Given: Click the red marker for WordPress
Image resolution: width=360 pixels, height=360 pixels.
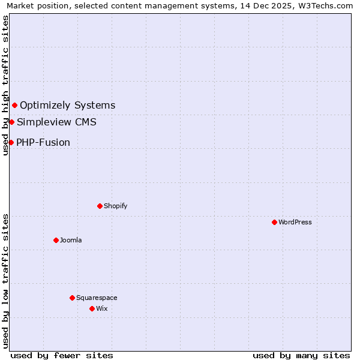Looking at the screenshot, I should (x=274, y=222).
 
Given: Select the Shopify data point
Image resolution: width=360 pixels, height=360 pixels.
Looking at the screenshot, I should (x=100, y=206).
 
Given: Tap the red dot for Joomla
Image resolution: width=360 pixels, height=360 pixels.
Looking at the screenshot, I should (x=56, y=240).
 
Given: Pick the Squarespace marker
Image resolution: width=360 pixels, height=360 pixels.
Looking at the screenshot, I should (x=72, y=298).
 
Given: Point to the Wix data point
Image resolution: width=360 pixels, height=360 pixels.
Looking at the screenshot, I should (x=92, y=308).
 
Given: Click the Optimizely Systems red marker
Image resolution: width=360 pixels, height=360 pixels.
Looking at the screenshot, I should (x=14, y=106).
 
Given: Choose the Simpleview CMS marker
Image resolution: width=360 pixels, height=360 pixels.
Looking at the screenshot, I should (x=11, y=122).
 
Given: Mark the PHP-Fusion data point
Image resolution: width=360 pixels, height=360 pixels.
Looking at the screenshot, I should (x=11, y=142).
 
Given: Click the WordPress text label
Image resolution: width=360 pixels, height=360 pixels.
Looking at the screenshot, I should (x=295, y=222).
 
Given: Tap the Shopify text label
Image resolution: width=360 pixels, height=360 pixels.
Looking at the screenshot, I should (x=116, y=206).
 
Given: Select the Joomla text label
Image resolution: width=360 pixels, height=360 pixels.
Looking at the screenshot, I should (x=71, y=240).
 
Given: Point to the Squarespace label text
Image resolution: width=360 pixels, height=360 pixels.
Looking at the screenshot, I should (x=97, y=298).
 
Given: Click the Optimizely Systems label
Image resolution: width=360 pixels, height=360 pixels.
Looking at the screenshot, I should (x=67, y=106).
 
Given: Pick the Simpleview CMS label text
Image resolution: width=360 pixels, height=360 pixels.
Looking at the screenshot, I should (x=56, y=122).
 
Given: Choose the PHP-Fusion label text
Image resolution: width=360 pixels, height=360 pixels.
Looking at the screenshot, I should (x=43, y=143).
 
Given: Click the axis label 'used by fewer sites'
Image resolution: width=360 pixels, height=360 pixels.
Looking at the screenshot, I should (x=62, y=355).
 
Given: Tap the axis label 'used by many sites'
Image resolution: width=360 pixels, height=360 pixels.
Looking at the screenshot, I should (x=301, y=355).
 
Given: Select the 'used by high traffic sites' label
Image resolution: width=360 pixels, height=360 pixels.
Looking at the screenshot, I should (x=5, y=85).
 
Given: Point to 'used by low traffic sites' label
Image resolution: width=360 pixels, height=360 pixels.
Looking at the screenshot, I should (x=5, y=281).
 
